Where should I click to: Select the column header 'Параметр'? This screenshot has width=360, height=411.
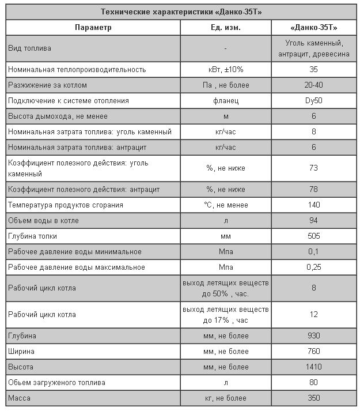point(93,28)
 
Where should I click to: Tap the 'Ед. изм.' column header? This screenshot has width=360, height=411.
point(225,28)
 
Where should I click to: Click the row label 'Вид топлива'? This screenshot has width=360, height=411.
point(29,48)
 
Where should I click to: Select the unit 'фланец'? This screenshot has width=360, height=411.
point(225,101)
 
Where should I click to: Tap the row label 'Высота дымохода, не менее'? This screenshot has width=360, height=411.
point(58,116)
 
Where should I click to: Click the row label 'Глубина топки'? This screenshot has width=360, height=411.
point(32,236)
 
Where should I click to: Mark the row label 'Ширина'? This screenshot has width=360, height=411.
point(21,351)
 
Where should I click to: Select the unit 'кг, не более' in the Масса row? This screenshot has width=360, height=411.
point(225,398)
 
